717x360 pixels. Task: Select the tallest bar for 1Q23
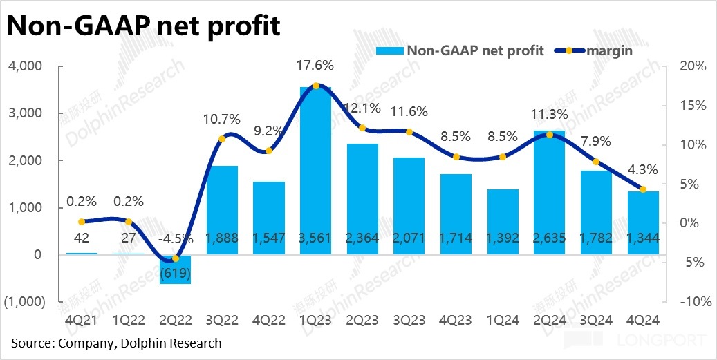click(x=316, y=173)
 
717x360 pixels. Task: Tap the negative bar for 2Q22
click(x=176, y=269)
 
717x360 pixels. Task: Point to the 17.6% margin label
click(x=316, y=66)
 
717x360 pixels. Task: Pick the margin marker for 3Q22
click(x=223, y=139)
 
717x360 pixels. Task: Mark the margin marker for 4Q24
click(x=643, y=189)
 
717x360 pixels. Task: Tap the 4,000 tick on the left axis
click(x=27, y=66)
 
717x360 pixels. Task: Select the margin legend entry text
click(x=609, y=50)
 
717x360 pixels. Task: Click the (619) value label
click(x=176, y=272)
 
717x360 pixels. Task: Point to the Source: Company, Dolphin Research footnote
click(x=116, y=343)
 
